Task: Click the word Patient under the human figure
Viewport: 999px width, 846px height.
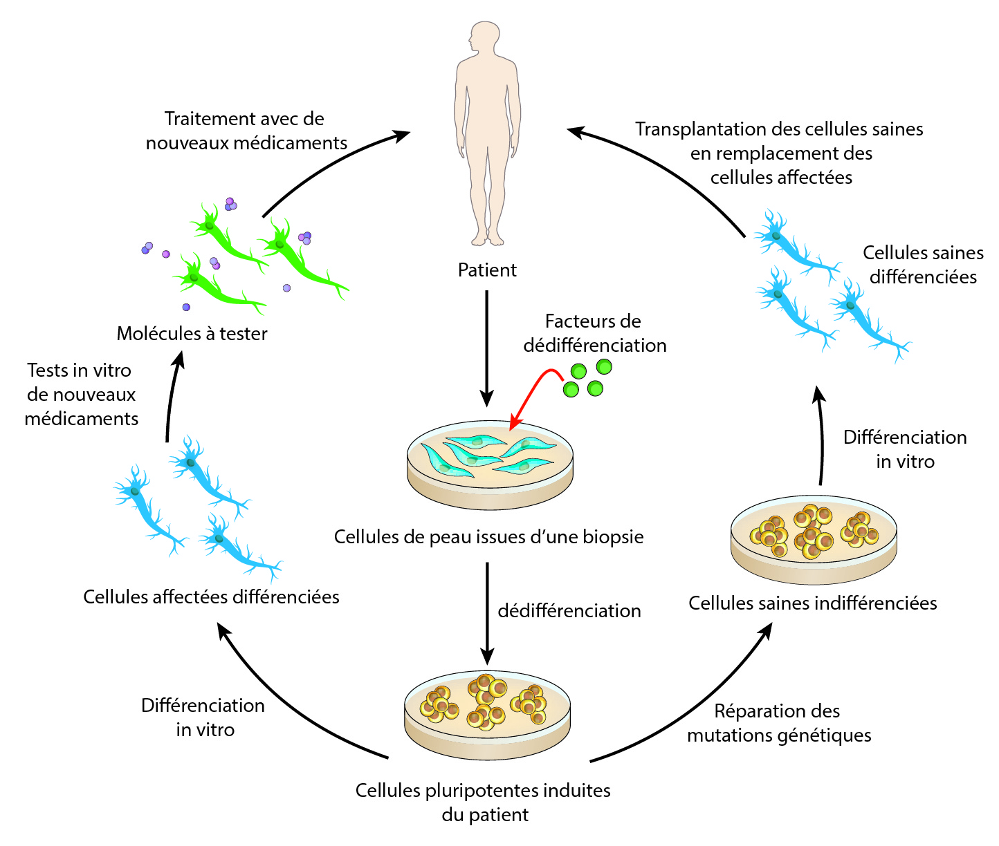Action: coord(487,270)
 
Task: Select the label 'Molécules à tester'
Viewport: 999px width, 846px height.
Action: coord(192,334)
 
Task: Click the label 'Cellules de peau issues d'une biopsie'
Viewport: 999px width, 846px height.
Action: coord(488,537)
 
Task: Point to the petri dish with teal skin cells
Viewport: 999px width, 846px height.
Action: coord(490,463)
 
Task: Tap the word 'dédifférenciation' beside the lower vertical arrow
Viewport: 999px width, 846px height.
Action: coord(569,611)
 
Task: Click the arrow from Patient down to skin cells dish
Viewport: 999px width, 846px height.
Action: coord(487,346)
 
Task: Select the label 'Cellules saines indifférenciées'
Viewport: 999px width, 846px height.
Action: coord(812,603)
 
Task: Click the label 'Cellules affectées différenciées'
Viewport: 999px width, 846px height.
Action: coord(211,597)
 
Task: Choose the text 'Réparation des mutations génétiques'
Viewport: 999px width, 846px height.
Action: coord(779,723)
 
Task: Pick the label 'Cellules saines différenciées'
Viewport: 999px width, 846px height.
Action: coord(923,265)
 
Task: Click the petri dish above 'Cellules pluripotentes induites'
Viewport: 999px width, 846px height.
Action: coord(487,712)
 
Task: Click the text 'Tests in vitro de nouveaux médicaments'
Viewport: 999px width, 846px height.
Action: coord(81,395)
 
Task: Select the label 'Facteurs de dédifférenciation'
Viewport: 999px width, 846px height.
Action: coord(594,333)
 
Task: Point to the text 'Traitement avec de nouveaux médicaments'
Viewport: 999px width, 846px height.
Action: coord(246,131)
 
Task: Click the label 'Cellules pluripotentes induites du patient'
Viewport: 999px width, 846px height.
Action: coord(483,802)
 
